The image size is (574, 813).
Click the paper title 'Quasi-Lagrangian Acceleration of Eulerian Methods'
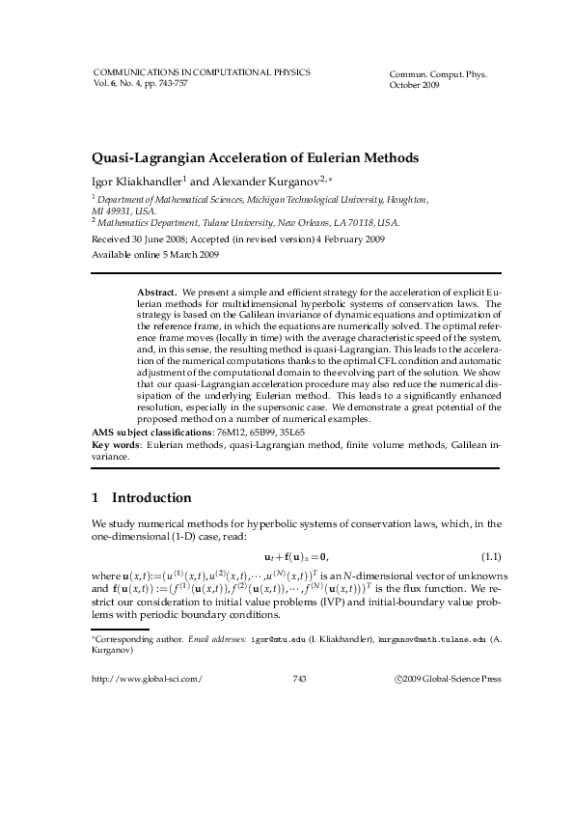tap(255, 156)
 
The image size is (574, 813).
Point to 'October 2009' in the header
tap(413, 86)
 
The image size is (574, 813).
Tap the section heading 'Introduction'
tap(151, 498)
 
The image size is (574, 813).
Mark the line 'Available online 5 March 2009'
tap(154, 256)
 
